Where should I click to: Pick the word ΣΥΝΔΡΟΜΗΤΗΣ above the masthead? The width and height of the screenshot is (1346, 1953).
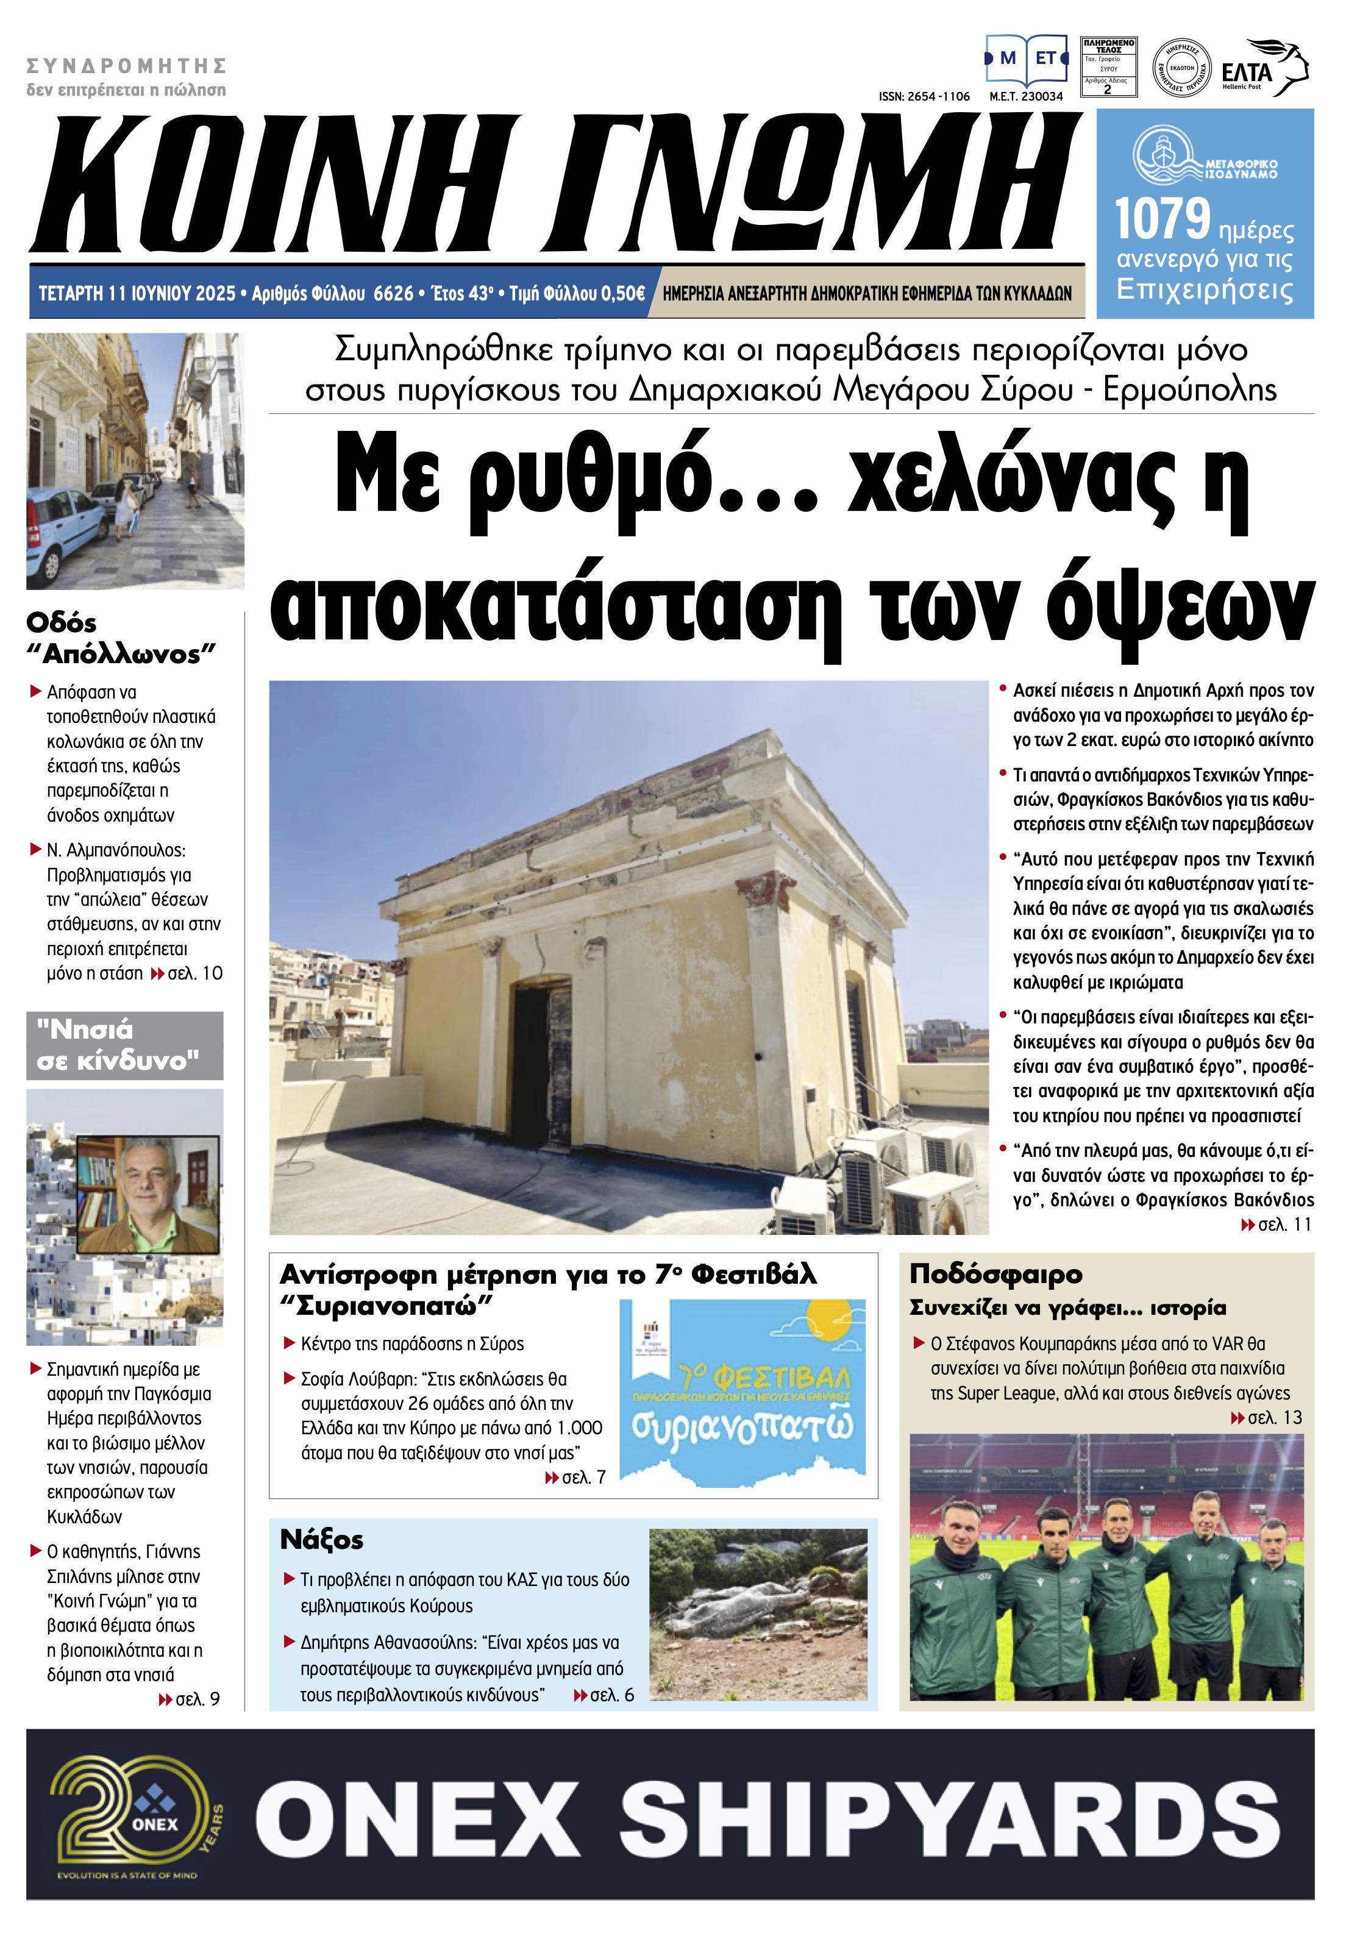(x=127, y=66)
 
